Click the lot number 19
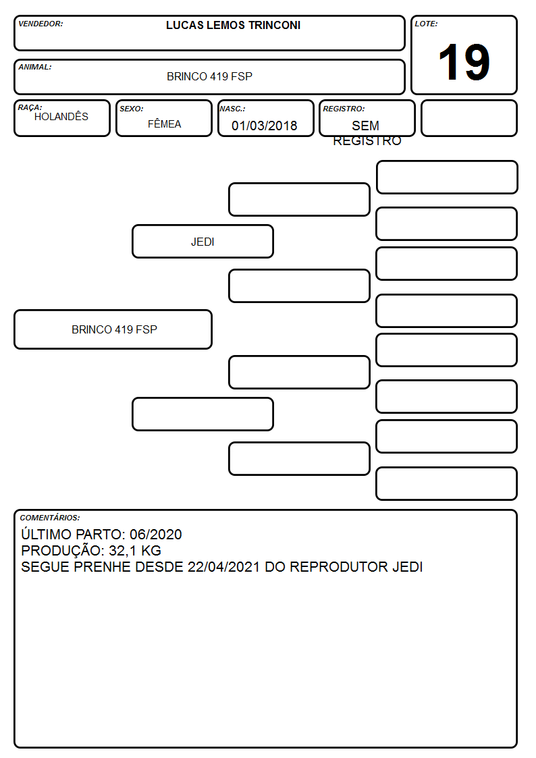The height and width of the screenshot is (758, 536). [x=464, y=62]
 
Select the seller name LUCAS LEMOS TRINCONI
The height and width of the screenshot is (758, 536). [x=233, y=25]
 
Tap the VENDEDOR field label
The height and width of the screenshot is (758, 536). [x=41, y=24]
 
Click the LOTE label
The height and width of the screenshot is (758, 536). [x=426, y=24]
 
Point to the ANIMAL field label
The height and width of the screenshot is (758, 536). [x=35, y=67]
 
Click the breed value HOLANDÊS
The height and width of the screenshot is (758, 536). [x=61, y=116]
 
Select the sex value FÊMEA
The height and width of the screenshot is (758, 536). [x=164, y=124]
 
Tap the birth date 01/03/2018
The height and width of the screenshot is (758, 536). [x=265, y=126]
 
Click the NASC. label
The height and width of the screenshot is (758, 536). [x=232, y=109]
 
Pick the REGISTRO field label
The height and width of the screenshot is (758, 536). [x=344, y=109]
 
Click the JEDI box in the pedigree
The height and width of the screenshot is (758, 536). [x=203, y=241]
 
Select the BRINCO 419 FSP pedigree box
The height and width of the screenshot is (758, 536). [x=113, y=329]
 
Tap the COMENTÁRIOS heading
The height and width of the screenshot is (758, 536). [x=50, y=518]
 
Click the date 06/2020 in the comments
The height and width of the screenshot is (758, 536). [x=156, y=534]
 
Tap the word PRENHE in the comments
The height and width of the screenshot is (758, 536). [x=102, y=566]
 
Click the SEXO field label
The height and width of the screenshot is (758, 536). [x=132, y=109]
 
